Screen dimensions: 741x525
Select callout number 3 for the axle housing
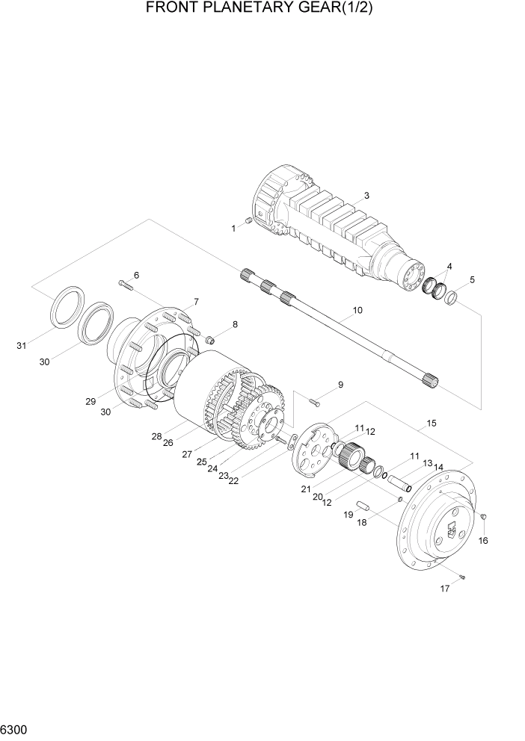366,196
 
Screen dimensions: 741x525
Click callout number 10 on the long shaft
357,309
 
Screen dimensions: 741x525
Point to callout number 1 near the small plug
233,228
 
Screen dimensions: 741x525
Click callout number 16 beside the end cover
482,540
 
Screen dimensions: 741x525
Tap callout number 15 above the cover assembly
431,424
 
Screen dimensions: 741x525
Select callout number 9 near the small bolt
340,385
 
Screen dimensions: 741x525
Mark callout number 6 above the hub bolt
137,275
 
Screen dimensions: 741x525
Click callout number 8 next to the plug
235,324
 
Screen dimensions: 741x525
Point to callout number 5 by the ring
472,280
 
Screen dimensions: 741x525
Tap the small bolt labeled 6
125,284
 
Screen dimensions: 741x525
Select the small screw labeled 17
463,575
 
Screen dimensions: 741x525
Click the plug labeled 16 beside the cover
483,517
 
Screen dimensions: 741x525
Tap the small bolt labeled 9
315,402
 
